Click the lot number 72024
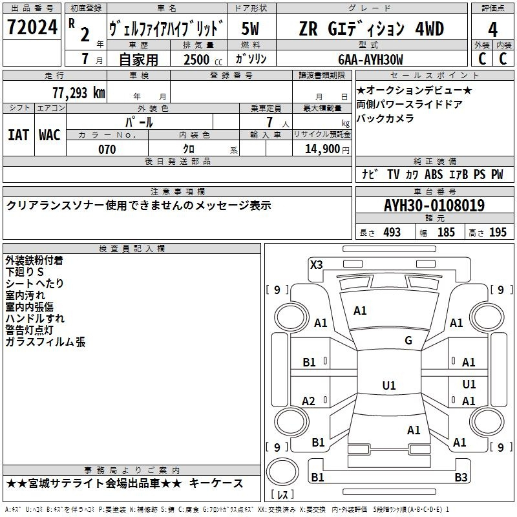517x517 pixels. click(x=32, y=27)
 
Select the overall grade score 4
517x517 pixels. click(x=492, y=29)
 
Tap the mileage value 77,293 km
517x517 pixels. click(x=79, y=93)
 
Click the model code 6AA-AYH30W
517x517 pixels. click(x=370, y=59)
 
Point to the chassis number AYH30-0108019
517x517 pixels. click(x=434, y=206)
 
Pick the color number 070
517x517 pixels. click(x=107, y=149)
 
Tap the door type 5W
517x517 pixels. click(x=250, y=28)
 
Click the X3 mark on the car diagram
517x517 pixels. click(x=317, y=265)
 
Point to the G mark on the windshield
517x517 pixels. click(x=408, y=341)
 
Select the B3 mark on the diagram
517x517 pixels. click(x=461, y=477)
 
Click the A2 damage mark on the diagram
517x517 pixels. click(x=309, y=401)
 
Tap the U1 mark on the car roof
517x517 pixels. click(x=389, y=385)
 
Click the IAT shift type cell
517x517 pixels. click(x=18, y=135)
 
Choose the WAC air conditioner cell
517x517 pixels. click(x=50, y=135)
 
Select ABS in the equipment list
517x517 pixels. click(x=434, y=174)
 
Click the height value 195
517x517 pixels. click(x=498, y=232)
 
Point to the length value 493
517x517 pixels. click(x=392, y=232)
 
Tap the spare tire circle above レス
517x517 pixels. click(x=282, y=472)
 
